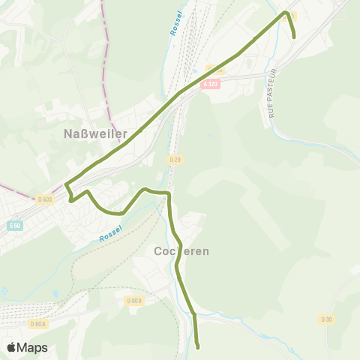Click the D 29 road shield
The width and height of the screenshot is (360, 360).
point(175,159)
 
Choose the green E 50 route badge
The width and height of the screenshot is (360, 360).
point(15,225)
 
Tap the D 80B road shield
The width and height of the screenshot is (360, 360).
point(133,301)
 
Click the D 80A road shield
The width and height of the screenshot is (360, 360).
point(39,324)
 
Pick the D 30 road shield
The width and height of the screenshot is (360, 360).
point(326,319)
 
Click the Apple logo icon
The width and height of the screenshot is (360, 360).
point(12,347)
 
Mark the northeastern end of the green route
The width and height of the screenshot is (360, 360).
point(294,37)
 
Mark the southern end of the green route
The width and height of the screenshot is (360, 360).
point(197,347)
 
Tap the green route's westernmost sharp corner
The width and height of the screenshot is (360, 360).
point(66,184)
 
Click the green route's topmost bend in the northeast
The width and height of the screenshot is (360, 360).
point(286,12)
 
